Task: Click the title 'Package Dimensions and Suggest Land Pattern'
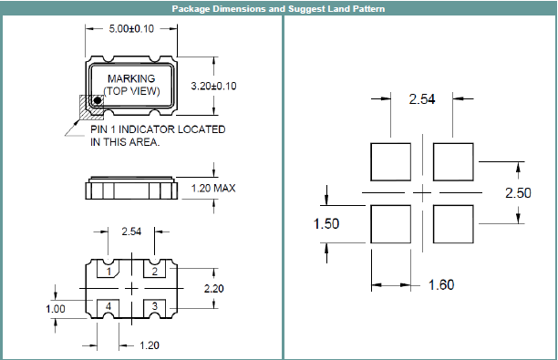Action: click(x=278, y=9)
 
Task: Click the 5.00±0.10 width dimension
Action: click(x=132, y=30)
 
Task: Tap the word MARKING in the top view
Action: click(x=131, y=79)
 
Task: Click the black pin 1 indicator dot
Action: click(x=97, y=102)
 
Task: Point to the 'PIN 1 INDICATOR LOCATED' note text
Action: click(x=157, y=129)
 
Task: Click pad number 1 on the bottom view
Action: click(x=108, y=273)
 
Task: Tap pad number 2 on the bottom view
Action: click(x=156, y=273)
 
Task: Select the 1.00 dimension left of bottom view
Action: click(x=57, y=309)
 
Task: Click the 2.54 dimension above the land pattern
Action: click(x=422, y=98)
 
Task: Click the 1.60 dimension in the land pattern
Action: click(x=440, y=284)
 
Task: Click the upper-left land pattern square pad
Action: click(x=392, y=162)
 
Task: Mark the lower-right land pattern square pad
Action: click(x=453, y=223)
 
